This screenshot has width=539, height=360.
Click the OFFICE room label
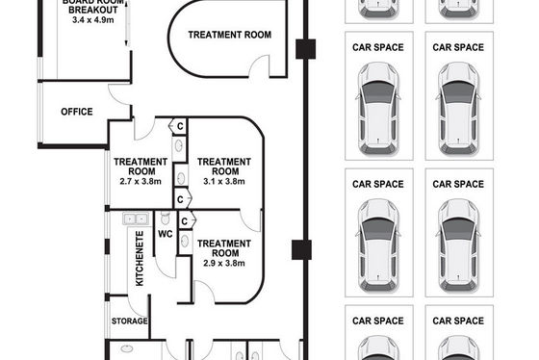point(77,112)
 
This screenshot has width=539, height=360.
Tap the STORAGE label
point(130,321)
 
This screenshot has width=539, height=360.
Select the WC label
point(166,234)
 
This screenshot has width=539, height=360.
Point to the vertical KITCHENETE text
point(140,258)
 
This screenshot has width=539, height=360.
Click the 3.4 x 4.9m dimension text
point(92,20)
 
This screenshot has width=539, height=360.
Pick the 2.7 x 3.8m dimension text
point(141,181)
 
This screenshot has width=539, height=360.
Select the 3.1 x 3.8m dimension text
point(224,181)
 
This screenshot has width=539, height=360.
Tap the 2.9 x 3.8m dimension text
point(224,264)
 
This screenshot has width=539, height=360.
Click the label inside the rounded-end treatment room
point(230,35)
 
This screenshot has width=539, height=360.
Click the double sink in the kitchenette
point(136,219)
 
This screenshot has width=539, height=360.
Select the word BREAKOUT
point(92,10)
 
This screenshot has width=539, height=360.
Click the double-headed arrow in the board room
point(126,23)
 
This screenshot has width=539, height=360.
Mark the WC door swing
point(166,267)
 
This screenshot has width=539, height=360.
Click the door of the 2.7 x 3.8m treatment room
point(144,130)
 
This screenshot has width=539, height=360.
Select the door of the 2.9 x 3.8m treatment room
point(204,293)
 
